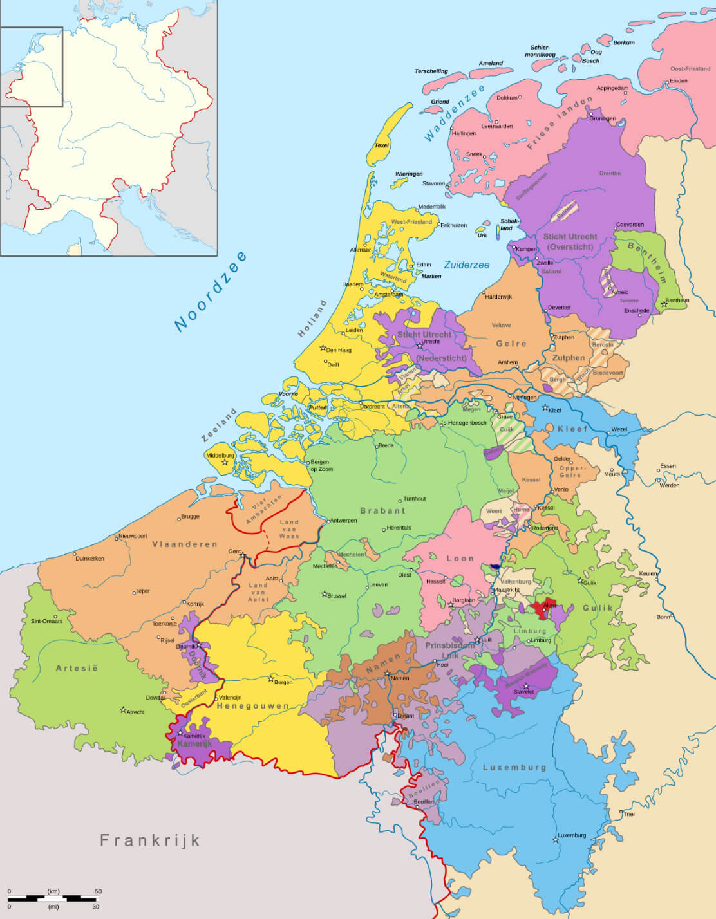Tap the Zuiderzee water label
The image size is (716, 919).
click(x=466, y=265)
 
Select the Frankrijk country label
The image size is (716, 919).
click(x=150, y=840)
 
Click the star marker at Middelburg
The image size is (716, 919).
click(x=225, y=463)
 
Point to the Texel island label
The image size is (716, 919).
click(x=382, y=145)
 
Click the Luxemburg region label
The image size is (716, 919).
click(x=514, y=767)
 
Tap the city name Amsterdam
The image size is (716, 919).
click(x=388, y=295)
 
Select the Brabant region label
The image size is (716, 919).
click(x=382, y=510)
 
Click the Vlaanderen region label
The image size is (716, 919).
click(x=185, y=544)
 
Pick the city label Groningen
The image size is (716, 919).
click(x=603, y=118)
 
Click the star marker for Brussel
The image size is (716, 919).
click(x=325, y=594)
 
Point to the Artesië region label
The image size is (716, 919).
click(x=77, y=668)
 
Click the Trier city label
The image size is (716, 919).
click(x=629, y=814)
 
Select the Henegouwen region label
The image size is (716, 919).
click(x=252, y=705)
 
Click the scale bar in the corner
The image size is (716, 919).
click(x=53, y=898)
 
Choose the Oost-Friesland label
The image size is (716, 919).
click(x=690, y=68)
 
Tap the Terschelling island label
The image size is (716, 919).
click(x=431, y=71)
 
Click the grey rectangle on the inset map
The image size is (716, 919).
click(x=31, y=67)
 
